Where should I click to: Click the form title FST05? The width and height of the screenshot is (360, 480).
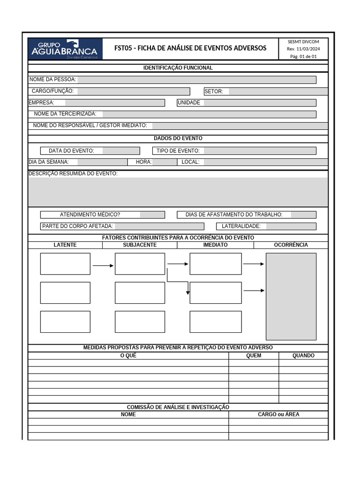(x=190, y=48)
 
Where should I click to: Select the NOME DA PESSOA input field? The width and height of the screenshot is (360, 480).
(x=196, y=80)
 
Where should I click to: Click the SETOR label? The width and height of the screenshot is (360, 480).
(x=214, y=91)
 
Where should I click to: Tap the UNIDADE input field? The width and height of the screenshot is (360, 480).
(x=260, y=103)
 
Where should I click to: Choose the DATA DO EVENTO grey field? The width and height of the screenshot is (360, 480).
(x=121, y=150)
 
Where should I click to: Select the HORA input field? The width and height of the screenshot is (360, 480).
(x=165, y=162)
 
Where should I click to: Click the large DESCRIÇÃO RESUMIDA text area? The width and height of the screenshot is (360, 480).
(x=178, y=192)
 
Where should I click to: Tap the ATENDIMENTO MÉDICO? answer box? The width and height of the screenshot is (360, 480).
(x=152, y=215)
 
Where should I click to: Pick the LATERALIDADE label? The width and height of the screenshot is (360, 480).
(x=241, y=226)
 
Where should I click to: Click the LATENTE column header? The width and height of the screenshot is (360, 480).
(x=65, y=245)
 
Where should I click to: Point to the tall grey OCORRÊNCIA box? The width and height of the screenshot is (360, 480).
(x=291, y=296)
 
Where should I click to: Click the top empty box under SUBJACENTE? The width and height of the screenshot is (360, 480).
(x=140, y=264)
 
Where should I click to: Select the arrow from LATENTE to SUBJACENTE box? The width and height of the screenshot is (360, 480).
(x=103, y=265)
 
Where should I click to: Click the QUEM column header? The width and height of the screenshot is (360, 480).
(x=254, y=355)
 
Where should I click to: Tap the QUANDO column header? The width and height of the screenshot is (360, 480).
(x=303, y=355)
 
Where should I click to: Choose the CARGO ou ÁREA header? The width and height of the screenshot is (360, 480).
(x=278, y=414)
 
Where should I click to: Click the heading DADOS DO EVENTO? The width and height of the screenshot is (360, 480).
(x=178, y=138)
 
